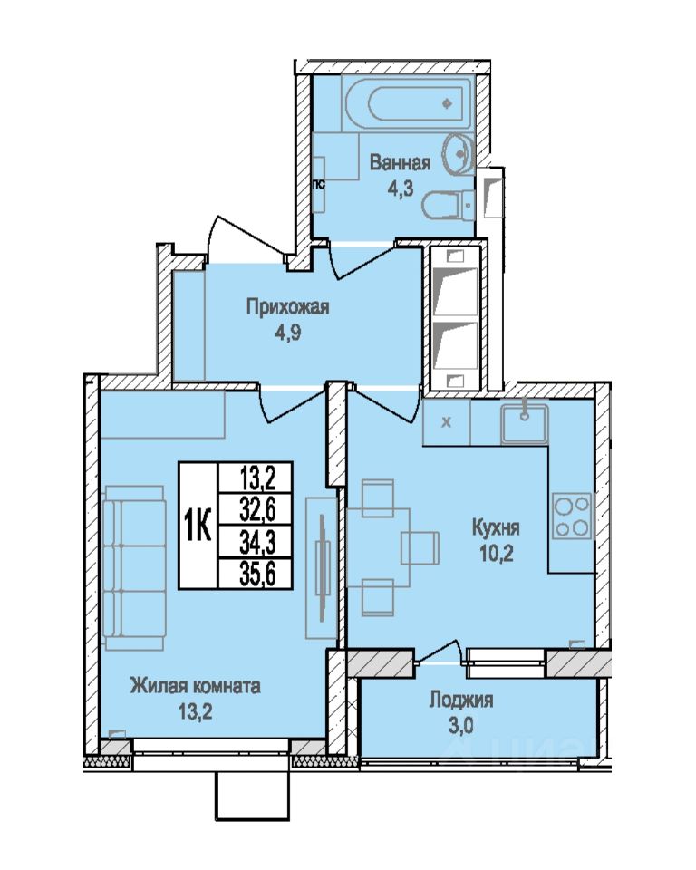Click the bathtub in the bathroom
(x=408, y=103)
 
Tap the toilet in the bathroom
(x=448, y=206)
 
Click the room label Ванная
(x=400, y=163)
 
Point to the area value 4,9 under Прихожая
(x=288, y=334)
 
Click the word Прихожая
(x=288, y=307)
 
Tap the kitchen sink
(x=524, y=424)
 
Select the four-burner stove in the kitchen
(x=572, y=516)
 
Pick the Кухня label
(x=496, y=527)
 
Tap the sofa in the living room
(x=134, y=567)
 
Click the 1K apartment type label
(x=198, y=525)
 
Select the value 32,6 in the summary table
(x=257, y=509)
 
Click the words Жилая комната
(x=196, y=687)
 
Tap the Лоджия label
(x=460, y=701)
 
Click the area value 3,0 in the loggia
(x=461, y=726)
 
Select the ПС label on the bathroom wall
(x=320, y=185)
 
